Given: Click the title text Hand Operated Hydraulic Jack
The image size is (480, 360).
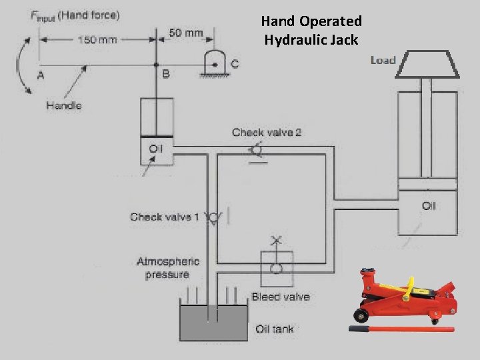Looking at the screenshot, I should pos(311,31).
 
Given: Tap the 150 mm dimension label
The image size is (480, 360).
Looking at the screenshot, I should pos(97,39).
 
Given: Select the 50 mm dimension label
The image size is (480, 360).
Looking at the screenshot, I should pos(186,32).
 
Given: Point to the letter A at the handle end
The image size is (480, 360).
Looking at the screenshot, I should pos(41,75).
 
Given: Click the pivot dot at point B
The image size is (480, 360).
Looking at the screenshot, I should pos(156,65).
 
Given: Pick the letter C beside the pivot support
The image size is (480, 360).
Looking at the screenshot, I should pos(234,64).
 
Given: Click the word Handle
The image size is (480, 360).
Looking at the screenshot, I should pos(64,105).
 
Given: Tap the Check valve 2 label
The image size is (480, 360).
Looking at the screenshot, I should pos(267,132).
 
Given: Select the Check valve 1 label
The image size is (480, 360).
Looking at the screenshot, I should pos(165,217).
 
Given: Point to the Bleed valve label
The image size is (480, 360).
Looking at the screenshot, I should pos(281,297).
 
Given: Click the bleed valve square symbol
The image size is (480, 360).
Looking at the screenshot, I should pos(275,267).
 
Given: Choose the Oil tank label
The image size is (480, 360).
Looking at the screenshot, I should pos(275,329).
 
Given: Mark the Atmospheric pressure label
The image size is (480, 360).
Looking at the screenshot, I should pos(168,268).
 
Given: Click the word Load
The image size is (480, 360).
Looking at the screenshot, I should pos(383,60).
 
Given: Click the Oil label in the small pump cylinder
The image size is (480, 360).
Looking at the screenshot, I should pos(155,148).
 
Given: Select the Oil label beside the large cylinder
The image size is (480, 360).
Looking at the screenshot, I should pos(429,205).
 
